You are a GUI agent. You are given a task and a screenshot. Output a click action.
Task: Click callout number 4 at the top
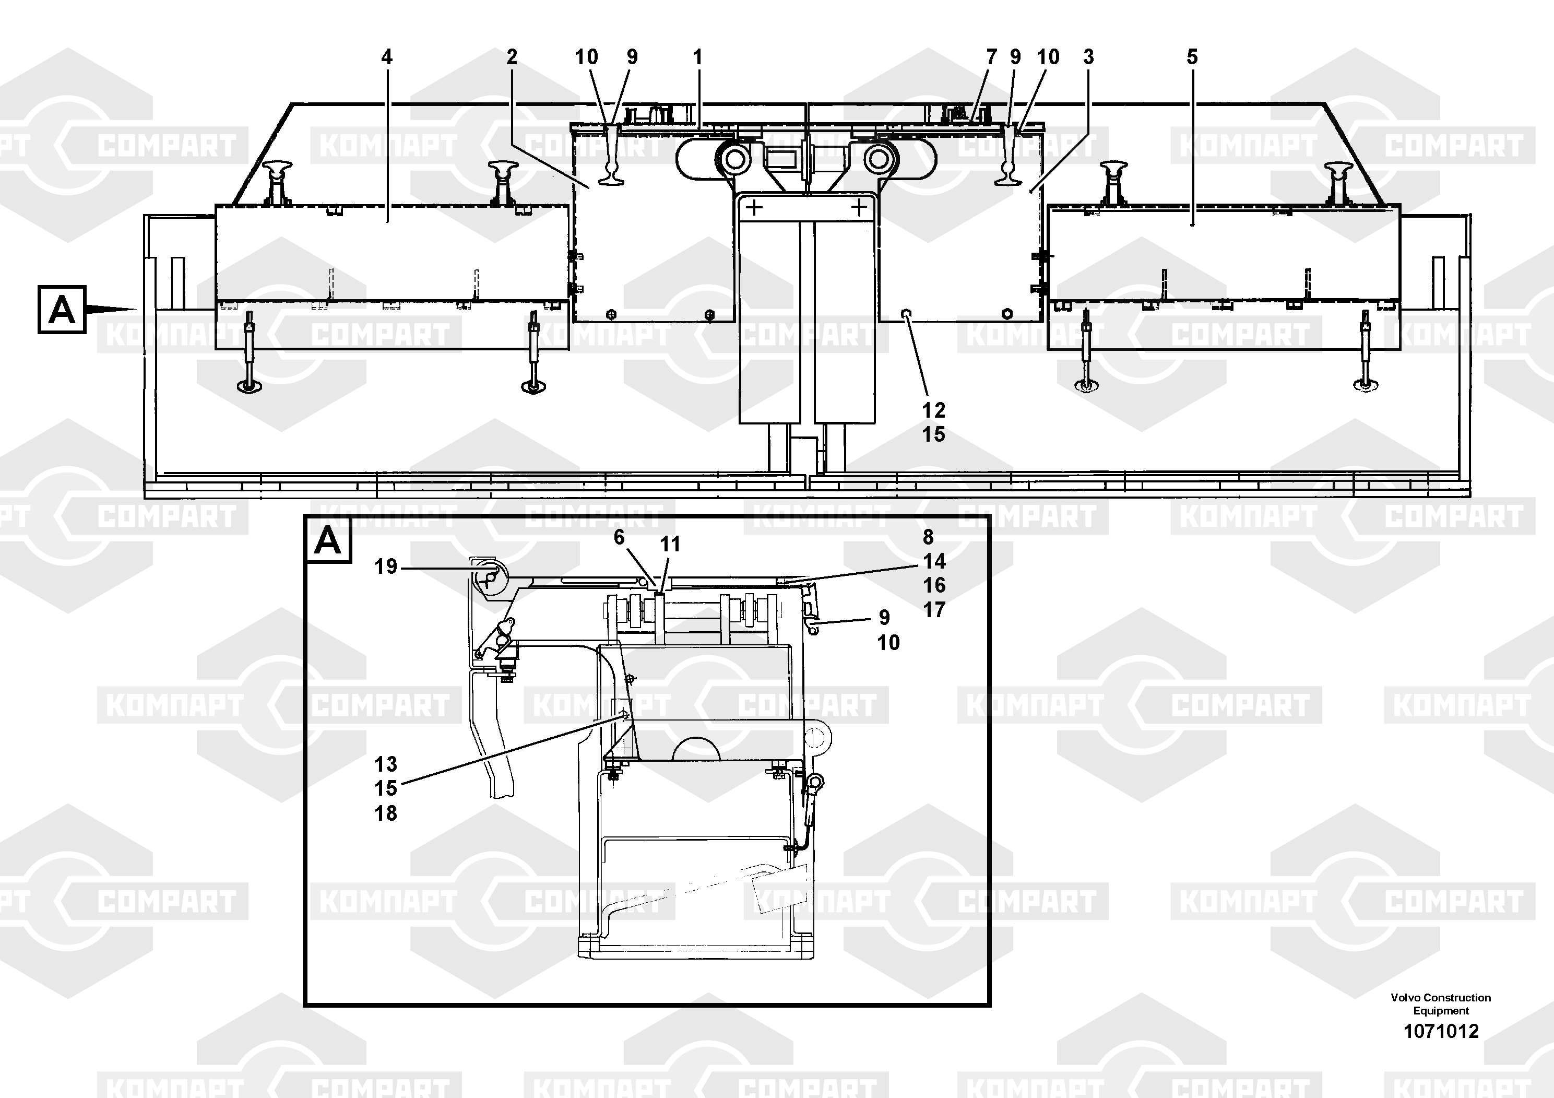pos(386,57)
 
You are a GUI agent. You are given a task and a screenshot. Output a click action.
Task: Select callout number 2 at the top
pos(512,57)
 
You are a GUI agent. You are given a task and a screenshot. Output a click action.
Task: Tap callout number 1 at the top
pos(698,57)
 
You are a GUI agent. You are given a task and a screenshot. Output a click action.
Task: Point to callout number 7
pos(992,57)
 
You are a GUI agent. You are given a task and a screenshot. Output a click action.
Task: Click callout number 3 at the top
pos(1088,57)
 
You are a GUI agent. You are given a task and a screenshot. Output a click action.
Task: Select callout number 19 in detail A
pos(386,566)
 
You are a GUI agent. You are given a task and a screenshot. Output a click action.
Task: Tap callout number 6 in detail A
pos(619,537)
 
